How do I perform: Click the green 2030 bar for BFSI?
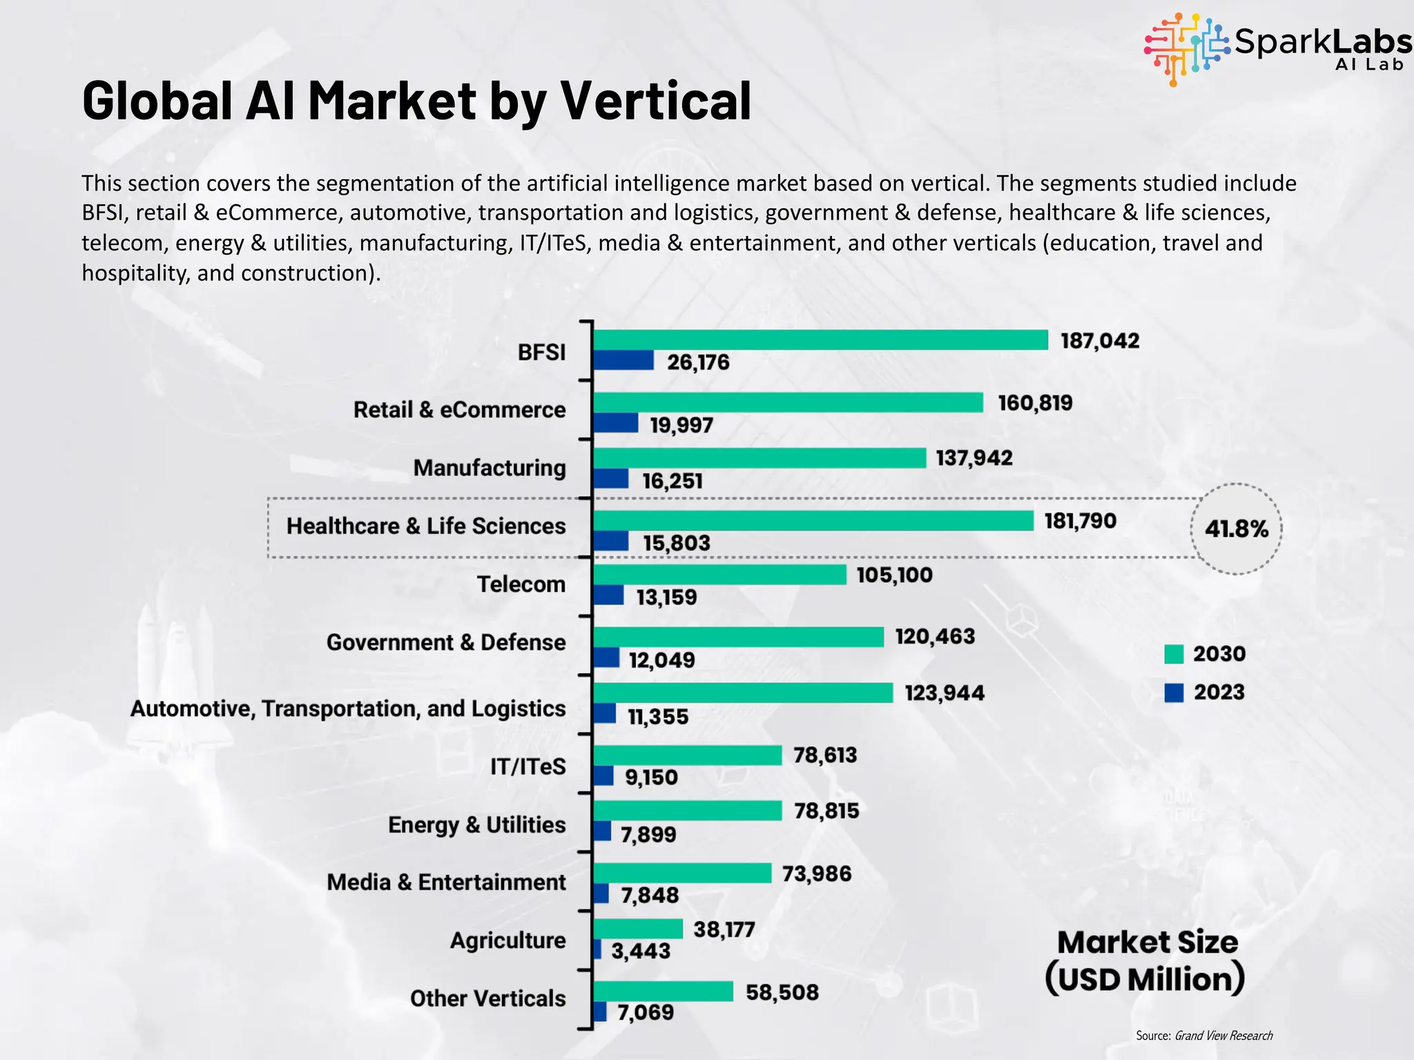pos(820,340)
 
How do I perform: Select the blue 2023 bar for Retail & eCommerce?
pos(615,423)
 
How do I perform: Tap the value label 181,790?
pos(1080,520)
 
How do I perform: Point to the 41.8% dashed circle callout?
pos(1236,529)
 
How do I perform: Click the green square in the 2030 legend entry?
pos(1173,654)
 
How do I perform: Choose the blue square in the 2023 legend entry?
pos(1173,692)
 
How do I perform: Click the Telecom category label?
pos(521,584)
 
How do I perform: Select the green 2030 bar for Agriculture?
pos(637,928)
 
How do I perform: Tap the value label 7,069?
pos(645,1012)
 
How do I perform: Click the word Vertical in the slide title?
pos(655,101)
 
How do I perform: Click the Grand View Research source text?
pos(1223,1035)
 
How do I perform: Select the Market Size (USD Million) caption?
pos(1146,961)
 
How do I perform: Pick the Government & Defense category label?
pos(445,642)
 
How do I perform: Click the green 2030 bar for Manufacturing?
pos(759,458)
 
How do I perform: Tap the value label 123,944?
pos(944,692)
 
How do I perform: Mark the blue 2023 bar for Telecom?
pos(608,595)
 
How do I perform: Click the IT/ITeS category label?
pos(527,766)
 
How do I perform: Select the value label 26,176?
pos(697,362)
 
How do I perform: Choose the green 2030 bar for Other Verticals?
pos(663,991)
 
